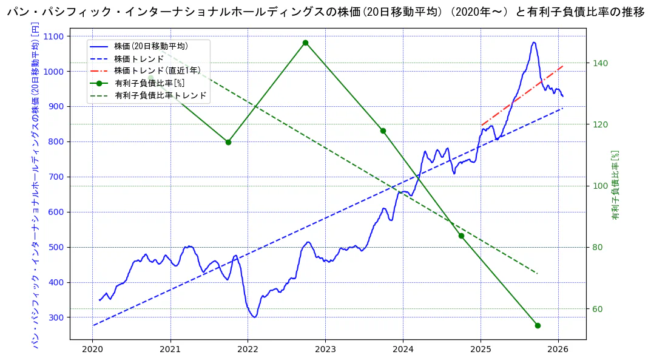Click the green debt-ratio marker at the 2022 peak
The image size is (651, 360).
(x=305, y=42)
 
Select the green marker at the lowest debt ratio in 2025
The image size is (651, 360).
(x=538, y=325)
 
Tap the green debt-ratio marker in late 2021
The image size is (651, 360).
(x=228, y=142)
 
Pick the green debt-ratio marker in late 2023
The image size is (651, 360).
(x=383, y=131)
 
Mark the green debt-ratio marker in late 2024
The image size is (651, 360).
(x=461, y=236)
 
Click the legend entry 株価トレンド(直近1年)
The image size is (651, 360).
(x=157, y=70)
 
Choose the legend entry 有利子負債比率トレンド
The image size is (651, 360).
(x=160, y=95)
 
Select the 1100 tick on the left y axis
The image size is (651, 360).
(x=56, y=36)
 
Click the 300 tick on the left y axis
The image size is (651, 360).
(x=58, y=318)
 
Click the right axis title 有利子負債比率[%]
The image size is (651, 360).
(x=615, y=185)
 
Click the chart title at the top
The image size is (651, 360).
(x=325, y=12)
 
